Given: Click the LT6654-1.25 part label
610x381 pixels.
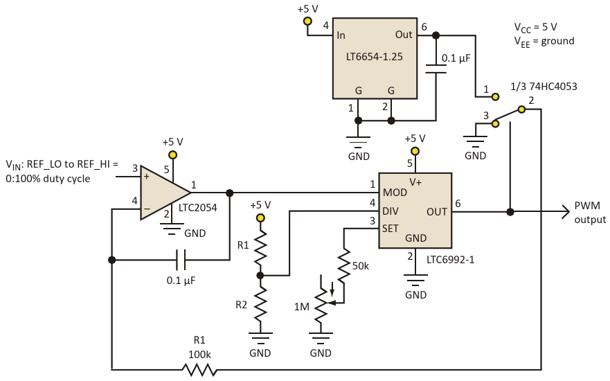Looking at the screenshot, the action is pyautogui.click(x=375, y=57).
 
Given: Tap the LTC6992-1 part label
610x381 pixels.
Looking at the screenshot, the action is pyautogui.click(x=451, y=260).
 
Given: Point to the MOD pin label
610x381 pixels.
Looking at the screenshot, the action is pyautogui.click(x=395, y=193).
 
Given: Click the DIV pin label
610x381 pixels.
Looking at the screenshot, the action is pyautogui.click(x=391, y=211).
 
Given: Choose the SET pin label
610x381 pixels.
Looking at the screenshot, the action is pyautogui.click(x=391, y=229).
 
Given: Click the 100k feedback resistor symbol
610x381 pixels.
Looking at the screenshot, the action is pyautogui.click(x=199, y=369).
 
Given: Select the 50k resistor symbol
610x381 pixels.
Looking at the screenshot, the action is pyautogui.click(x=344, y=265).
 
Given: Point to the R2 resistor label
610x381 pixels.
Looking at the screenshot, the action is pyautogui.click(x=241, y=305).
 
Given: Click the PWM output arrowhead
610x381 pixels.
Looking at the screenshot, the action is pyautogui.click(x=566, y=212).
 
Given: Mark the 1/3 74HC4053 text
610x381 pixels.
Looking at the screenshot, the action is pyautogui.click(x=544, y=87).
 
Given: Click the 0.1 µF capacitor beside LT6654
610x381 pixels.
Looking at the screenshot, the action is pyautogui.click(x=436, y=69).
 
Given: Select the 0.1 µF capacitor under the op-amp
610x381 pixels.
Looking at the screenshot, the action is pyautogui.click(x=181, y=260).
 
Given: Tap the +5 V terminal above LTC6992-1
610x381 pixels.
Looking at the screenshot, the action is pyautogui.click(x=415, y=151).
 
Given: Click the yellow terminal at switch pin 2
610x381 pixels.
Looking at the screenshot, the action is pyautogui.click(x=521, y=109).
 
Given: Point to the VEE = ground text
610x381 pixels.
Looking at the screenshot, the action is pyautogui.click(x=544, y=42).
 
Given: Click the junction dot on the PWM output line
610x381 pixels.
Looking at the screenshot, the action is pyautogui.click(x=510, y=212).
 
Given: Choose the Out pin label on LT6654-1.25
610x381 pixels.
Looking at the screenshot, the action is pyautogui.click(x=404, y=35).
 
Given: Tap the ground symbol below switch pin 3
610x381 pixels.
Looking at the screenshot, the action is pyautogui.click(x=475, y=141).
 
